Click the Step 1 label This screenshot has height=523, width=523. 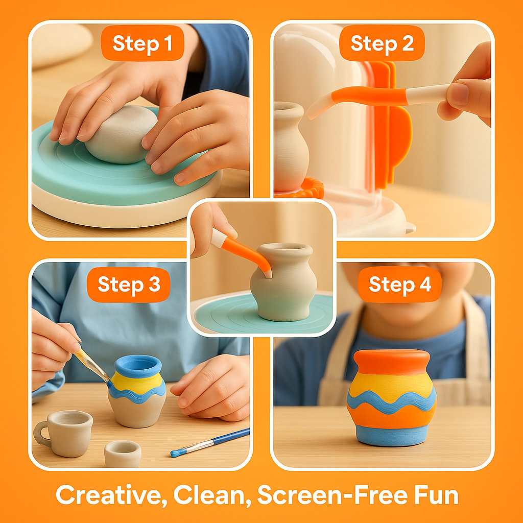141,44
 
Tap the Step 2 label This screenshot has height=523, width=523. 382,44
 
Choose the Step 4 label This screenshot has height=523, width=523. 400,284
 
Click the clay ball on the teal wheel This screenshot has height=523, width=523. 122,134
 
